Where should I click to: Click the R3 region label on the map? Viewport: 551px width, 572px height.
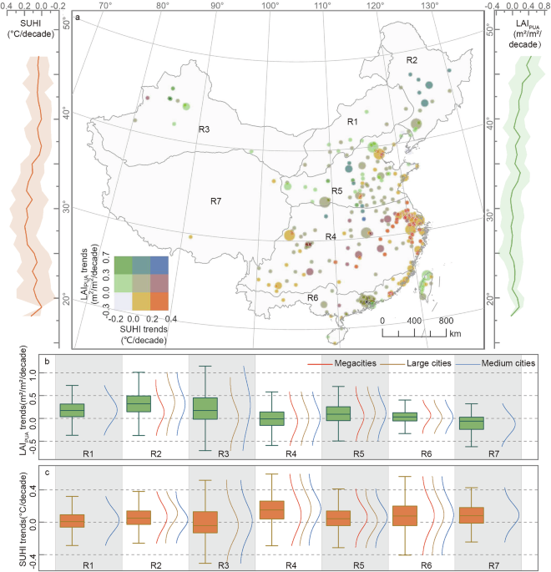click(204, 129)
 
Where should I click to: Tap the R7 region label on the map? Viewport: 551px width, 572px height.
click(215, 201)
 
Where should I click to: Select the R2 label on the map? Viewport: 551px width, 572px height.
click(411, 60)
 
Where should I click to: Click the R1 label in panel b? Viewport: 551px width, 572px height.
click(88, 456)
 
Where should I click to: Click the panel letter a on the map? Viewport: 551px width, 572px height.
click(78, 17)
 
